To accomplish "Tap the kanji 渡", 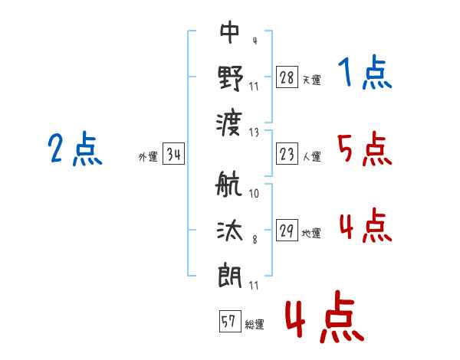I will pyautogui.click(x=230, y=122).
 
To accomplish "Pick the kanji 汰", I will pyautogui.click(x=230, y=231).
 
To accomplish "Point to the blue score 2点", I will pyautogui.click(x=75, y=149).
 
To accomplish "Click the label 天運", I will pyautogui.click(x=311, y=80).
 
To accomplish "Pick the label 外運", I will pyautogui.click(x=148, y=157).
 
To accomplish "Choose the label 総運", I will pyautogui.click(x=255, y=325).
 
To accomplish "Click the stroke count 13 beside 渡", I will pyautogui.click(x=255, y=131).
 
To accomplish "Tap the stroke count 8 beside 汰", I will pyautogui.click(x=255, y=240).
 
